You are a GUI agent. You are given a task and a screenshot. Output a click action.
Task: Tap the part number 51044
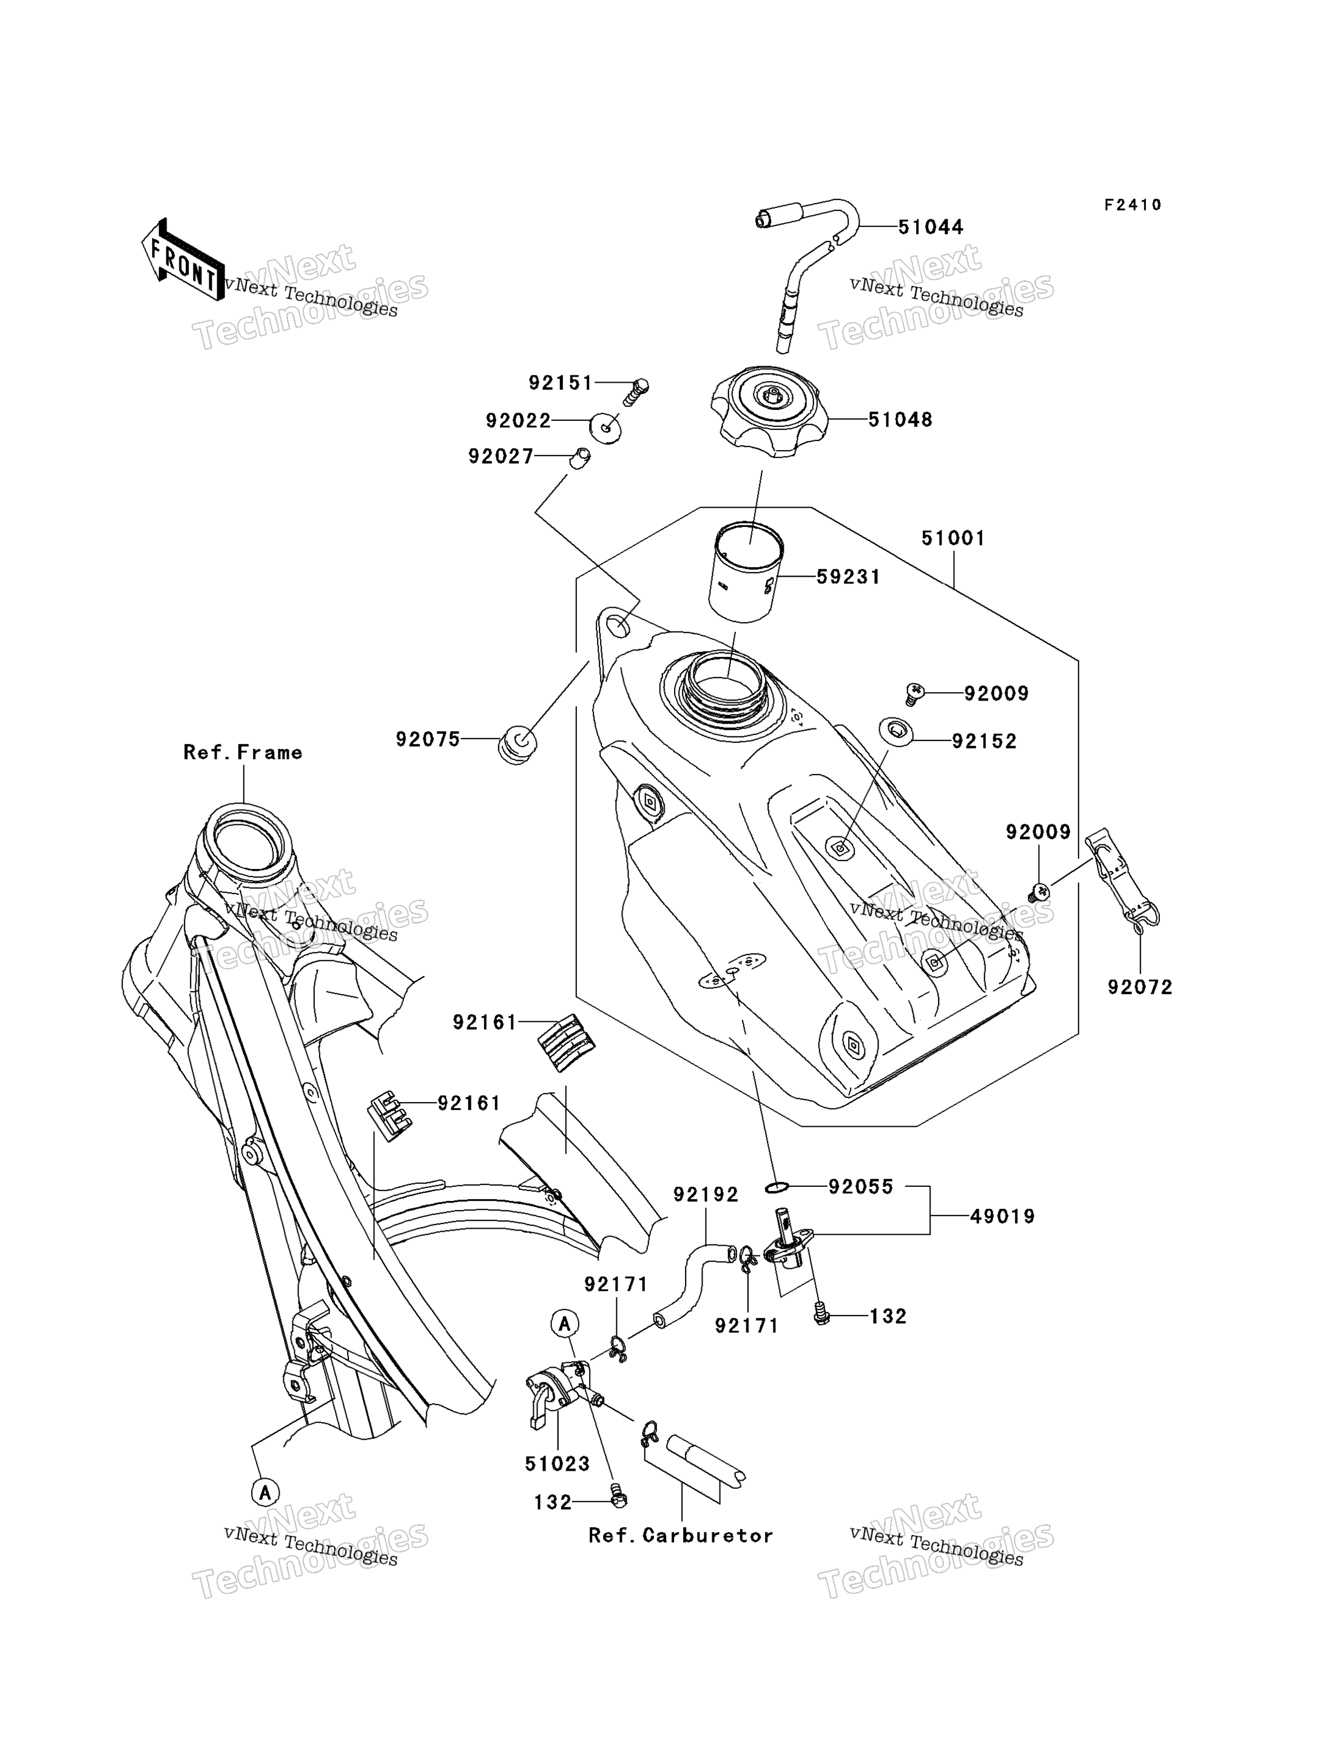[931, 227]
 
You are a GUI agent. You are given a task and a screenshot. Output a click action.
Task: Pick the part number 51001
[953, 539]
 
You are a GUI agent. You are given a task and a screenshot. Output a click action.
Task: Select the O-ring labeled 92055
[777, 1187]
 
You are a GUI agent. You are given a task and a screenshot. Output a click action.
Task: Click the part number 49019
[1002, 1217]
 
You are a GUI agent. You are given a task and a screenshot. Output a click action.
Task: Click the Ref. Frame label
[243, 752]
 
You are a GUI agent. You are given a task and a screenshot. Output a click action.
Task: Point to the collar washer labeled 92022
[605, 428]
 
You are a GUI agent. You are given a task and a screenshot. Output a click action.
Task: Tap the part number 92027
[501, 457]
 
